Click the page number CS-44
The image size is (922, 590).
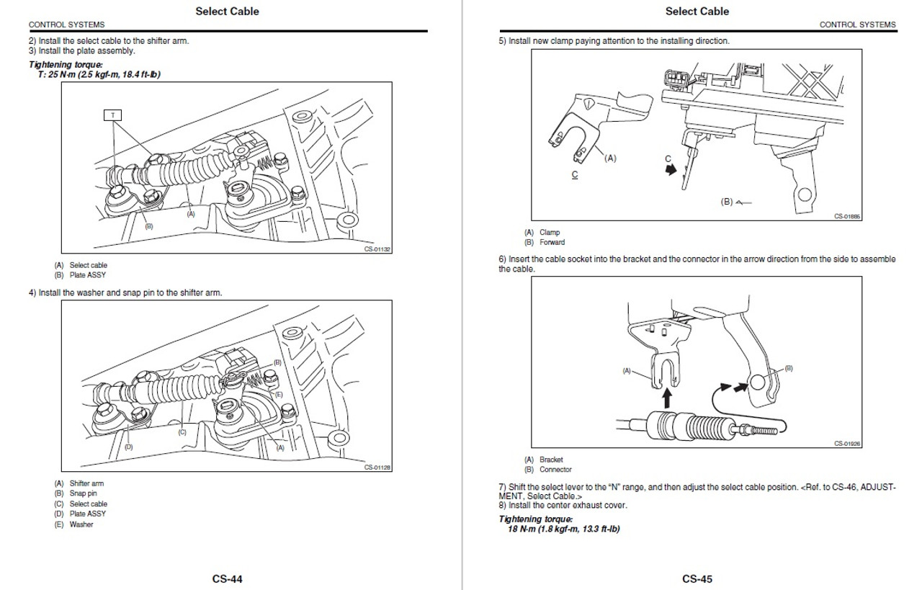point(227,578)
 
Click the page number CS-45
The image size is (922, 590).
point(697,578)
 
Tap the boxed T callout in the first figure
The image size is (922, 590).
point(112,115)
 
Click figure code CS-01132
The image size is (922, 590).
point(377,251)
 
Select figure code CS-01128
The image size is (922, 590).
point(377,467)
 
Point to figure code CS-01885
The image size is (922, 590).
point(847,215)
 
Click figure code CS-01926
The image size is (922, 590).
point(847,444)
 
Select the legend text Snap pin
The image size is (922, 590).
point(83,493)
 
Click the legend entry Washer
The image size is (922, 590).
point(81,524)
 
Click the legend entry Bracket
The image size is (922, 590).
point(551,460)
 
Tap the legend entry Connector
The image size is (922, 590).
point(555,470)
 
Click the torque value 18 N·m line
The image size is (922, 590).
point(564,529)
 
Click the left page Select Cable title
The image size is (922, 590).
point(227,11)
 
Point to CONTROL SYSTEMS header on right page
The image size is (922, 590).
point(857,24)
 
